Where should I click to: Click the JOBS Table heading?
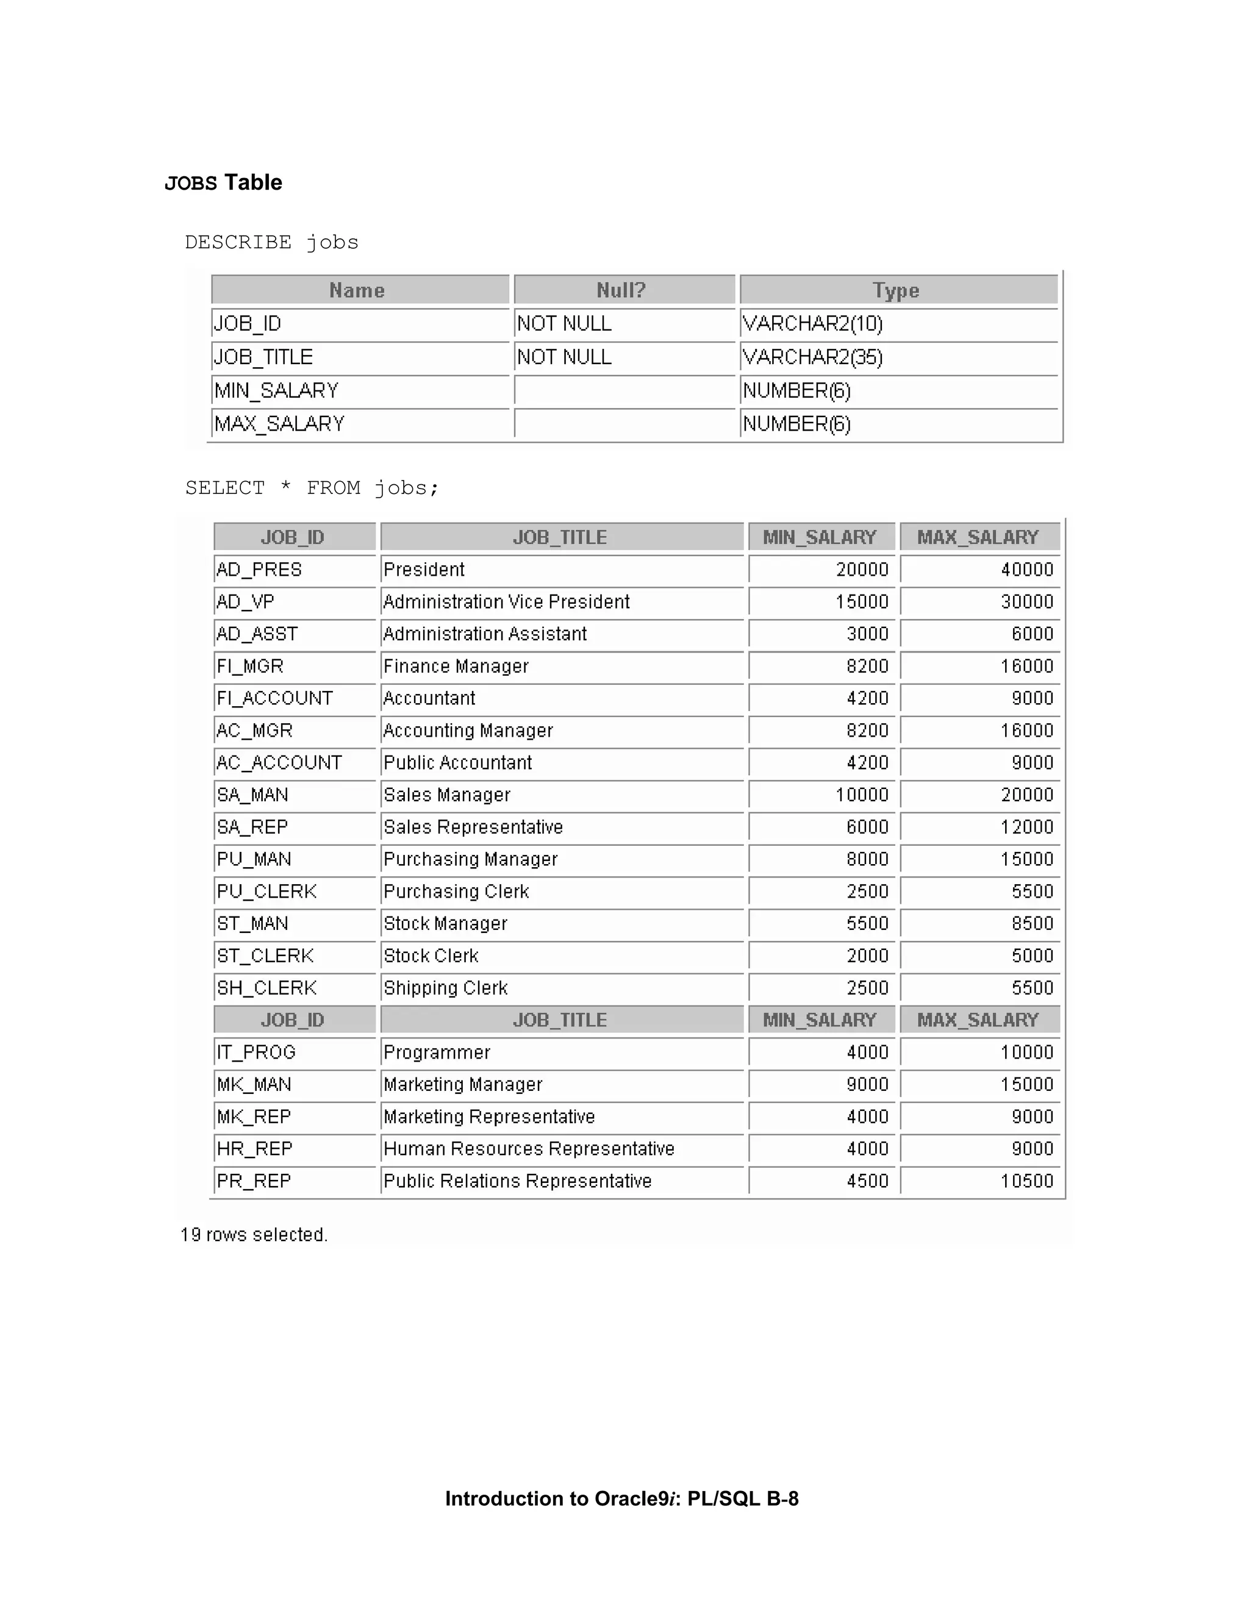click(x=223, y=183)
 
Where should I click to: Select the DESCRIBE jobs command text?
click(x=271, y=243)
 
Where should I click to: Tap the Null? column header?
click(x=621, y=290)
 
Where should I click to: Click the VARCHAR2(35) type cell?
click(x=812, y=357)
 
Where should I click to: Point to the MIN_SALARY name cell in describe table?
click(x=276, y=391)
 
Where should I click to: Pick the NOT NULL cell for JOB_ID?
click(x=564, y=324)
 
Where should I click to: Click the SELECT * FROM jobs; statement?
click(x=312, y=488)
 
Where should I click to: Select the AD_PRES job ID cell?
click(x=259, y=570)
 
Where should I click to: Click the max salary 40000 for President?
click(x=1026, y=570)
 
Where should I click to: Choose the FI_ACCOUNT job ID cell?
click(x=274, y=698)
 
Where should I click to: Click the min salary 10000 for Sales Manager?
click(x=861, y=795)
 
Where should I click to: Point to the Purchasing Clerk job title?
click(x=456, y=892)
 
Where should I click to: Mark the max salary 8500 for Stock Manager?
click(x=1032, y=924)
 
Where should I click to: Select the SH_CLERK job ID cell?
click(x=267, y=989)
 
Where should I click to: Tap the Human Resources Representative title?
click(x=528, y=1149)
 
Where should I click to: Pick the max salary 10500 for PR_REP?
click(x=1026, y=1182)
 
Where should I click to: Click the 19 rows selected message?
click(x=254, y=1235)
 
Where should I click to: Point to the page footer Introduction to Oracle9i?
click(x=621, y=1499)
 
